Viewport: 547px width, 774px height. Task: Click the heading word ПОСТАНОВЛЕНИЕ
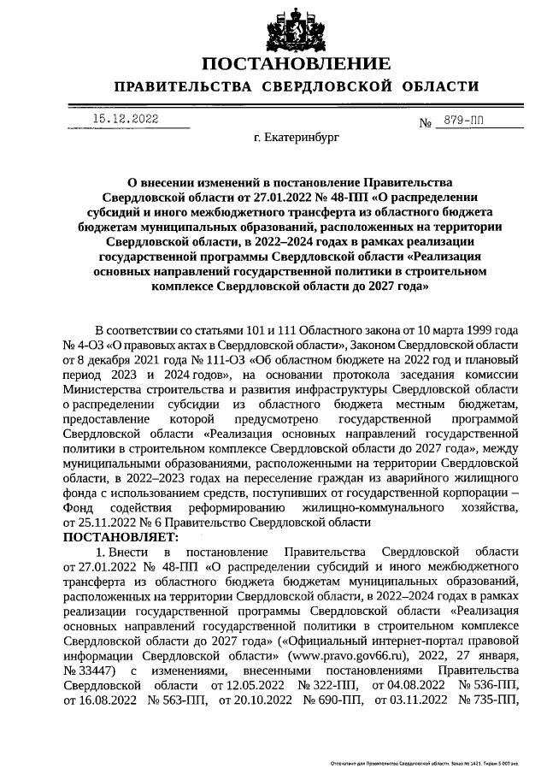pos(297,64)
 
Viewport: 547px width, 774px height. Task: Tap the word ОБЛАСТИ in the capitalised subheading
pos(430,86)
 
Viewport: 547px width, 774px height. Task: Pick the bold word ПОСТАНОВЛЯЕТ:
pos(121,536)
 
